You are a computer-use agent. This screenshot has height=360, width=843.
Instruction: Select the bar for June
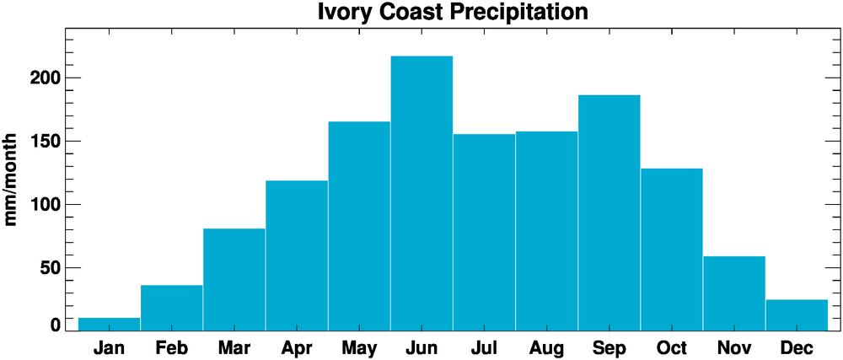tap(421, 193)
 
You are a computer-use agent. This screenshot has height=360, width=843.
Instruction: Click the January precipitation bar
tap(109, 324)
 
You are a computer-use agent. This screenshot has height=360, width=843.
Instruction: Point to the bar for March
tap(234, 279)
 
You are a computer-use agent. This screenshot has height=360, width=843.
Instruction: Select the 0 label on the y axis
tap(55, 325)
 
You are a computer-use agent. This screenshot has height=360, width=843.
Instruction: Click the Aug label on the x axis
tap(546, 347)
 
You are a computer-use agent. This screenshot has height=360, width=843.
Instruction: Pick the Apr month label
tap(296, 347)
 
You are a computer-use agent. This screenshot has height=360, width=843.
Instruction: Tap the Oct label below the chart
tap(671, 347)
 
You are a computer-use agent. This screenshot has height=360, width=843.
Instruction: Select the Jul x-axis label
tap(484, 347)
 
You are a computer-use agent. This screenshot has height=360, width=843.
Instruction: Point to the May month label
tap(358, 347)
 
